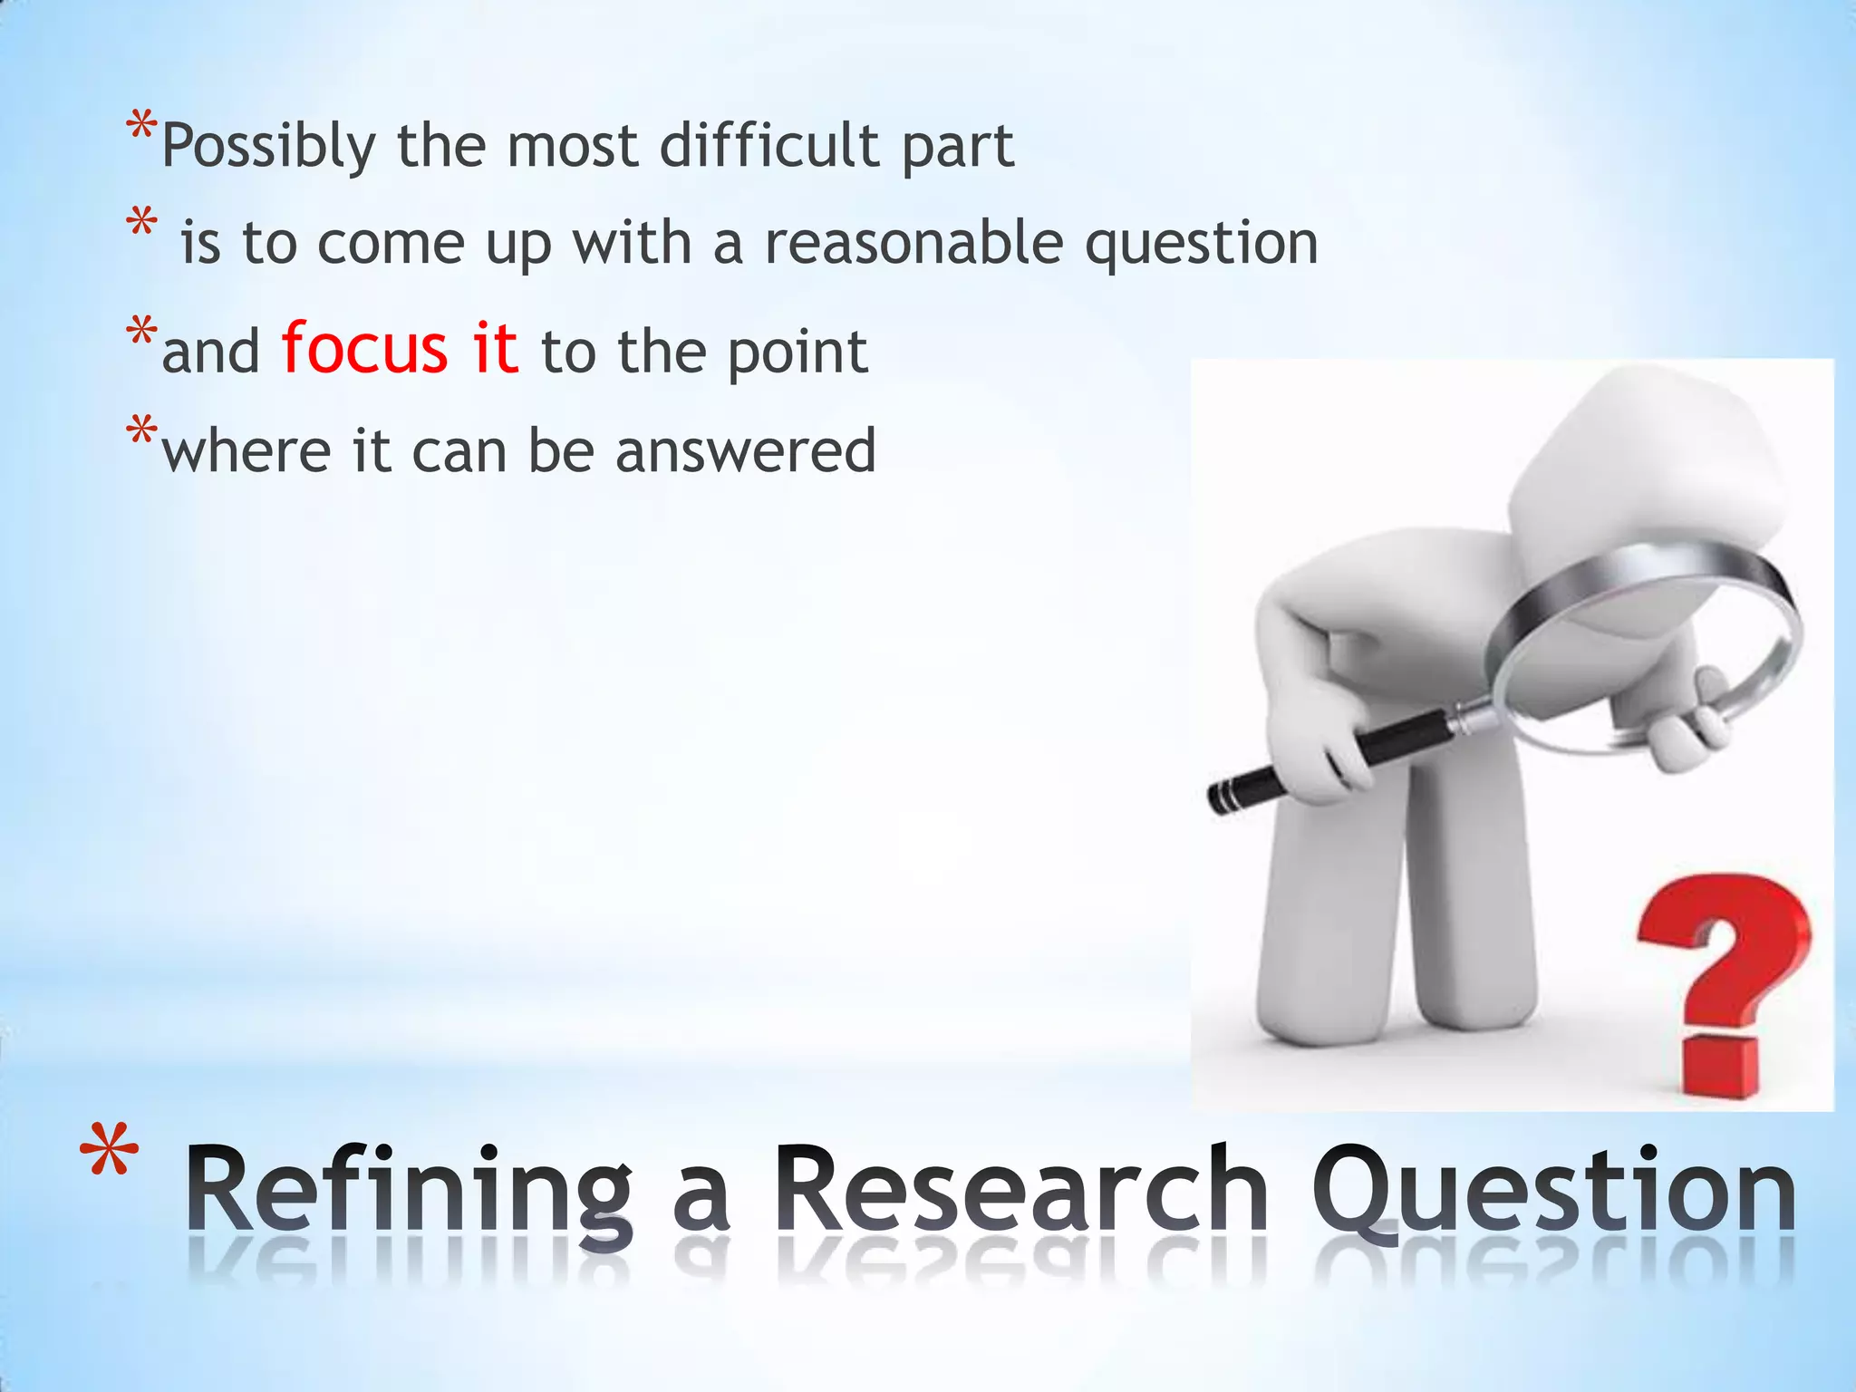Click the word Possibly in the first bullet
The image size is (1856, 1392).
(267, 146)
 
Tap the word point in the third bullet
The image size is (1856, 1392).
(797, 352)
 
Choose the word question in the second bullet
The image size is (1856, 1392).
(1202, 245)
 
